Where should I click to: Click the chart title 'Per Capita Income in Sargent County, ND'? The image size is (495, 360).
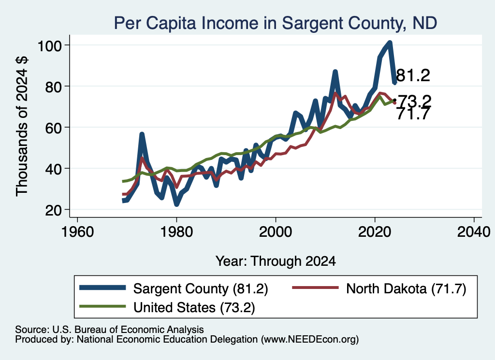(x=275, y=23)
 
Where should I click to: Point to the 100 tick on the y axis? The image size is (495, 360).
(x=49, y=46)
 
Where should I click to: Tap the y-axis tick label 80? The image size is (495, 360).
(x=53, y=87)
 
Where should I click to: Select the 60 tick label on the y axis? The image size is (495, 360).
(x=53, y=128)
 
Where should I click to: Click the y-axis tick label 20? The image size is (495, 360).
(x=53, y=210)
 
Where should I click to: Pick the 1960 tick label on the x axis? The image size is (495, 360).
(x=78, y=232)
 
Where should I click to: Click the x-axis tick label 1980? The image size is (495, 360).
(x=176, y=232)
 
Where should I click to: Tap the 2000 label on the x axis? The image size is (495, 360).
(x=276, y=232)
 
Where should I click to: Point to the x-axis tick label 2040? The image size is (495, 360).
(x=474, y=232)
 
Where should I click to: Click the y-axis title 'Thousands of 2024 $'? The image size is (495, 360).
(x=22, y=127)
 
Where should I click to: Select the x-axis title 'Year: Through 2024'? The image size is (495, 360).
(x=276, y=261)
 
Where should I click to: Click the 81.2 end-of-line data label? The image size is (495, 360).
(x=413, y=76)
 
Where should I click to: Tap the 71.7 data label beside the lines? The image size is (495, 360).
(x=413, y=114)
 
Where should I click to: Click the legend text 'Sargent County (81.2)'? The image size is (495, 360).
(x=201, y=288)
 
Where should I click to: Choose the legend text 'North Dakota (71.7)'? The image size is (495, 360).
(x=406, y=288)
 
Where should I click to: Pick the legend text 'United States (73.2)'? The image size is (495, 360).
(x=194, y=307)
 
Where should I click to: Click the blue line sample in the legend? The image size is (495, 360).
(x=102, y=288)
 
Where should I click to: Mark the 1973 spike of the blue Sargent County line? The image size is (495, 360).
(x=142, y=134)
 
